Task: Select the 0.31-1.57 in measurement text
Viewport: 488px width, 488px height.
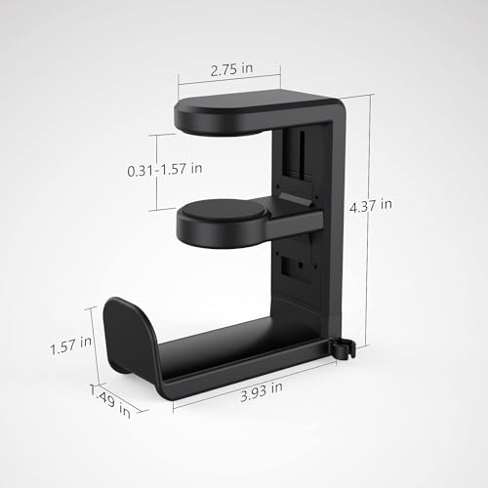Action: [165, 169]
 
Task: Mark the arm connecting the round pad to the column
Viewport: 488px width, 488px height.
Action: [294, 210]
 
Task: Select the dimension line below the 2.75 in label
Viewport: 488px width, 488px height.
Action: [229, 82]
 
